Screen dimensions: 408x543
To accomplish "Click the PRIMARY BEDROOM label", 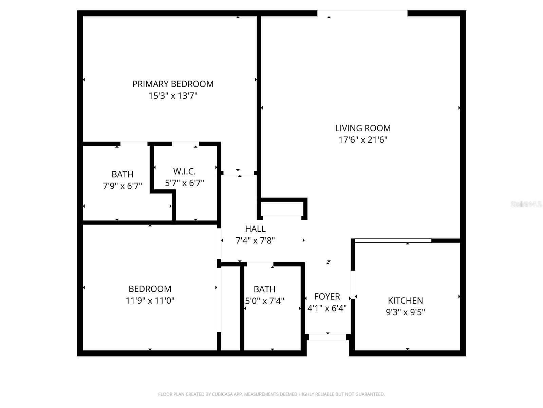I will [x=173, y=84].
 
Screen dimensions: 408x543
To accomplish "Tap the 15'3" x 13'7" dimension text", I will [x=173, y=96].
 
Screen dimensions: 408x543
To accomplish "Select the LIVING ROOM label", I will [x=363, y=128].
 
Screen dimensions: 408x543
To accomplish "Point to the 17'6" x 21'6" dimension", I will [x=363, y=140].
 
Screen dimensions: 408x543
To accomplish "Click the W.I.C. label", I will [x=184, y=171].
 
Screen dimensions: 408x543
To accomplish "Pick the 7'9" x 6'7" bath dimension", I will [x=122, y=186].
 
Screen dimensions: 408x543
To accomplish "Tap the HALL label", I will [x=255, y=229].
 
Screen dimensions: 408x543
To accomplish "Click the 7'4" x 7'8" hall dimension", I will [x=255, y=241].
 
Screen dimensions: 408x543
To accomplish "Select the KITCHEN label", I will [x=405, y=301].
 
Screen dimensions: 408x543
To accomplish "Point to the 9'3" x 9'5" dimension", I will [x=405, y=312].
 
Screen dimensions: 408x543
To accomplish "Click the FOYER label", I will [x=327, y=296].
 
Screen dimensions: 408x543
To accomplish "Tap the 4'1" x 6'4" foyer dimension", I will [x=327, y=308].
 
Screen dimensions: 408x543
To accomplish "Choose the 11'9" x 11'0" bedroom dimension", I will [x=150, y=301].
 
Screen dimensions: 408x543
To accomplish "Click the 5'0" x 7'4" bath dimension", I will [x=265, y=301].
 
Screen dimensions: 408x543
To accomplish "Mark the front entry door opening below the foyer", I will [x=327, y=337].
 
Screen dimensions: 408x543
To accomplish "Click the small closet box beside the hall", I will [x=282, y=208].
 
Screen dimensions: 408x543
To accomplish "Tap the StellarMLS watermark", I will [x=526, y=204].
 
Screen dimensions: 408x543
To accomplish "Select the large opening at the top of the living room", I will [x=362, y=13].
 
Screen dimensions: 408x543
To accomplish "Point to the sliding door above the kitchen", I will [x=393, y=240].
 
